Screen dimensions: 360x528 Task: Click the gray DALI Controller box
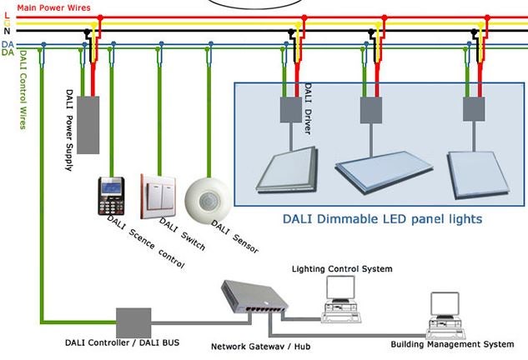tap(133, 322)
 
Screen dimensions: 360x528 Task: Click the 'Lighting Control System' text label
tap(341, 269)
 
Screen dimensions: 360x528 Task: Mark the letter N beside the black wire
tap(7, 31)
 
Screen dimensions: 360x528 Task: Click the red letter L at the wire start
tap(7, 15)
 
